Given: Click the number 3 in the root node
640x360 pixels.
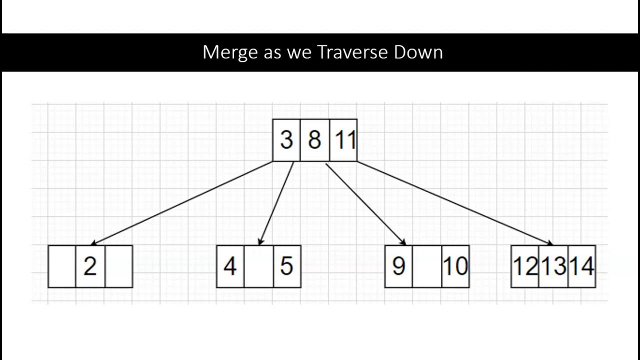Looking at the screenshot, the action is click(x=286, y=140).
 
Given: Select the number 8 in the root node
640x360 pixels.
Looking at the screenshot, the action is click(x=314, y=140).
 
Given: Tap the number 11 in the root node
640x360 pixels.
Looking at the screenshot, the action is click(x=344, y=140).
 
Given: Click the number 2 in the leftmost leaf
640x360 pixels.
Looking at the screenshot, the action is click(x=90, y=266).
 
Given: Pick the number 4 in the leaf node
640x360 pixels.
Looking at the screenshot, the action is click(x=230, y=266).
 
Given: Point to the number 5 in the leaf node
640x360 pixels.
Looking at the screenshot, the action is click(x=286, y=266).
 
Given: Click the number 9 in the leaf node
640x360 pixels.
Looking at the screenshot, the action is click(x=398, y=266).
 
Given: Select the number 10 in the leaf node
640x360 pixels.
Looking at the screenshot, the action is click(x=455, y=266).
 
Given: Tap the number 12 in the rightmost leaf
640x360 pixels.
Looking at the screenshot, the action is click(x=524, y=266).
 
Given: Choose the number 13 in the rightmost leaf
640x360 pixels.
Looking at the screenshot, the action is click(x=553, y=266).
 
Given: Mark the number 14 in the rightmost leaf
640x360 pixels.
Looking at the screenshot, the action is click(x=582, y=266).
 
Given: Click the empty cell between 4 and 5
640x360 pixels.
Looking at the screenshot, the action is click(x=258, y=266).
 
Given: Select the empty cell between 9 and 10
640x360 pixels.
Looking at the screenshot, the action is click(x=427, y=266).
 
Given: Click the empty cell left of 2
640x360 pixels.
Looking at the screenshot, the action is click(x=62, y=266).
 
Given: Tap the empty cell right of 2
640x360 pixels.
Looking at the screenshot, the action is click(x=118, y=266).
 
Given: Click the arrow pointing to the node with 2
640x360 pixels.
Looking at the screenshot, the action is click(x=182, y=203).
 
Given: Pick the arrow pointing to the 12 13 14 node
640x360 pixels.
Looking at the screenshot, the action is click(x=455, y=203).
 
